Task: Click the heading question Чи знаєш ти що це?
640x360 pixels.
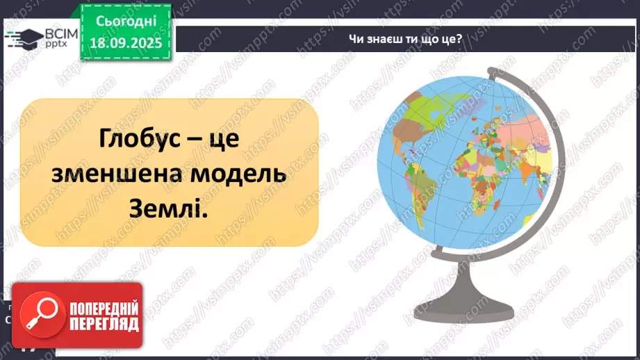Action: tap(405, 39)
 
